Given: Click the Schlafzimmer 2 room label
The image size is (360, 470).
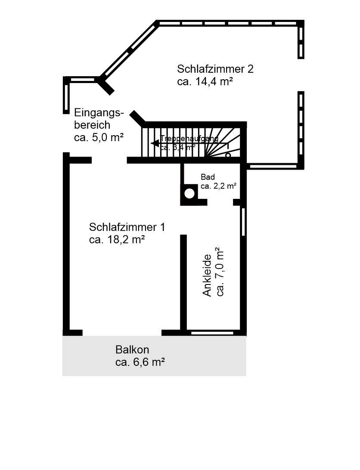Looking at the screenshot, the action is pyautogui.click(x=215, y=69).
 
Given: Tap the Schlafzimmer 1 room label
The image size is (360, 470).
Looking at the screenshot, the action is pyautogui.click(x=127, y=227).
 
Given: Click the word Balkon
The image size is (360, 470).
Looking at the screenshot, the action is pyautogui.click(x=132, y=349).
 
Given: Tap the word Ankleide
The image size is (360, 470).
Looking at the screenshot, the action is pyautogui.click(x=207, y=275).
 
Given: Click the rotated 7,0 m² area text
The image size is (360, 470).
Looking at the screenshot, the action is pyautogui.click(x=220, y=272).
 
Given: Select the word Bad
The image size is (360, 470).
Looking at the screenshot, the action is pyautogui.click(x=208, y=177).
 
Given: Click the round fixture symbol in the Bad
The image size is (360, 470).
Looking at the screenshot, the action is pyautogui.click(x=189, y=193).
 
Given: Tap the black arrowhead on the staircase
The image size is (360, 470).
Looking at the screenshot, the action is pyautogui.click(x=154, y=144).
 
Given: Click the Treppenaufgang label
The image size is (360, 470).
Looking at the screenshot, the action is pyautogui.click(x=189, y=139).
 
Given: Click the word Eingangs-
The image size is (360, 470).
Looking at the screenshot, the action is pyautogui.click(x=99, y=113).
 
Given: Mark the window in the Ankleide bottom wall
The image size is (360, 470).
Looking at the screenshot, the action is pyautogui.click(x=212, y=333).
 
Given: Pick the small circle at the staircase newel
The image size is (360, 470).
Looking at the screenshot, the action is pyautogui.click(x=228, y=155).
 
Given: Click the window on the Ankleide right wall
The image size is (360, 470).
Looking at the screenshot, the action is pyautogui.click(x=243, y=221).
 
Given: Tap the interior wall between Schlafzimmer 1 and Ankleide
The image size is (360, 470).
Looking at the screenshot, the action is pyautogui.click(x=183, y=282).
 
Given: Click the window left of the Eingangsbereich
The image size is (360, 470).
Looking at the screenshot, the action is pyautogui.click(x=66, y=97).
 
